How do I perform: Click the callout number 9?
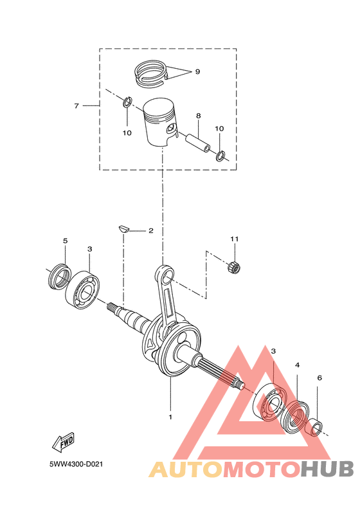click(x=197, y=71)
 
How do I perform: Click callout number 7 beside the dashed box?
click(x=76, y=105)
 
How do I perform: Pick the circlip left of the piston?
click(x=127, y=102)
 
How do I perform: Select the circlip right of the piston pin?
click(x=221, y=154)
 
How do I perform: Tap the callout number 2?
click(x=150, y=230)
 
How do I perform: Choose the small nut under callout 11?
click(x=235, y=266)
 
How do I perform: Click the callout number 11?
click(x=235, y=239)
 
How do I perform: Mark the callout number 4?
click(x=298, y=365)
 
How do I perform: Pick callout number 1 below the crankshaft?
click(x=170, y=417)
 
